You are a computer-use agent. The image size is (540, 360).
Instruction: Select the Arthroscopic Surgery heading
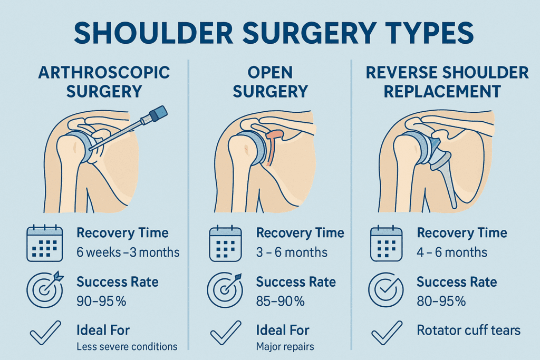(104, 81)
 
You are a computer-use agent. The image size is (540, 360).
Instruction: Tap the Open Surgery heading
(270, 81)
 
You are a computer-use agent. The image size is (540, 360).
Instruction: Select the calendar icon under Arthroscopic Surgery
(45, 243)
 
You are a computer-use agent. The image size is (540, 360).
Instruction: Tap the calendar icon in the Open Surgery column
(226, 243)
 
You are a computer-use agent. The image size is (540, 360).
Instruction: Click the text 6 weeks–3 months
(128, 252)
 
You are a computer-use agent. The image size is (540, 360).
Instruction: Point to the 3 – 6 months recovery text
(292, 252)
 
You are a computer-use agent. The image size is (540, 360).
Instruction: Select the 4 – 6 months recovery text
(452, 252)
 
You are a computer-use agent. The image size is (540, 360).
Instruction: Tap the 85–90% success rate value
(280, 301)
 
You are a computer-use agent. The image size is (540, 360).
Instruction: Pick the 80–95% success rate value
(441, 301)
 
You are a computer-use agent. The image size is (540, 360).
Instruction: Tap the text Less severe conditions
(127, 346)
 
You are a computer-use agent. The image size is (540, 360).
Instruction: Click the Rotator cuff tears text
(468, 330)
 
